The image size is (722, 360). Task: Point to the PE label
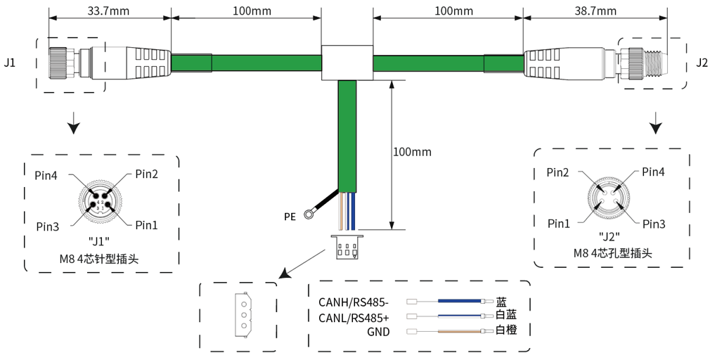(290, 217)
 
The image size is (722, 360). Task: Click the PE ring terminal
(308, 214)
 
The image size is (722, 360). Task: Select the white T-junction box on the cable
(347, 63)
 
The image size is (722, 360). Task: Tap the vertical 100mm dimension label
(412, 152)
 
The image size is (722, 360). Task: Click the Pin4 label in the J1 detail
(47, 174)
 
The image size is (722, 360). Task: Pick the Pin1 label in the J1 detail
(146, 225)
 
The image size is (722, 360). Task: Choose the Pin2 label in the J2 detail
(558, 172)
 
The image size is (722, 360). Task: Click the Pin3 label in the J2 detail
(653, 224)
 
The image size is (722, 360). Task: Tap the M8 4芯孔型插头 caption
(612, 252)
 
